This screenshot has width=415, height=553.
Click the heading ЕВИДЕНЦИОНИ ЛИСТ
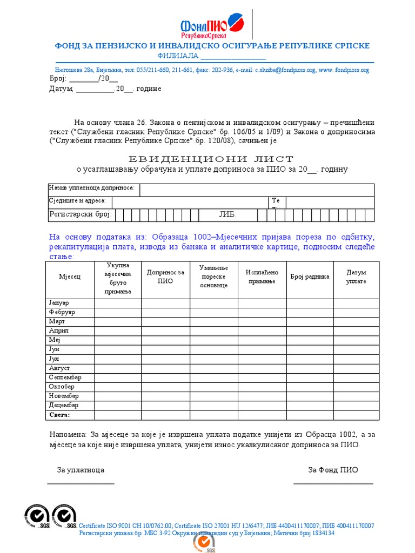[x=211, y=159]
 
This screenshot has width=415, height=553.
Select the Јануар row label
[x=59, y=302]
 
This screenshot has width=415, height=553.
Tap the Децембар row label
[x=64, y=405]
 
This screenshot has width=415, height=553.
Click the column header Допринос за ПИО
[x=165, y=277]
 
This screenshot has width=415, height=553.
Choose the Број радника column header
[x=309, y=276]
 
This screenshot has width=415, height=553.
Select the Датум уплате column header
[x=356, y=277]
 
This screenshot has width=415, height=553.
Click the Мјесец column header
[x=70, y=276]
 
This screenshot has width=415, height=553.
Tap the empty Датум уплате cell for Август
[x=356, y=368]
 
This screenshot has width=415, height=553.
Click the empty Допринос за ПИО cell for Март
[x=165, y=321]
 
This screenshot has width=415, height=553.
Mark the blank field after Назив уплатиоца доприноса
[x=257, y=190]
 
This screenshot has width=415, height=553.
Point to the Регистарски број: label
[x=80, y=215]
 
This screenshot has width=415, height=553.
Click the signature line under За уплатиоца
[x=81, y=483]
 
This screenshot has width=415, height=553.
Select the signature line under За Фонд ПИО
[x=333, y=483]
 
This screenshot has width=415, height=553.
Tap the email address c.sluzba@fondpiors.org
[x=286, y=70]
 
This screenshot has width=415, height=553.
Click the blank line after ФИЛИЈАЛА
[x=233, y=58]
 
